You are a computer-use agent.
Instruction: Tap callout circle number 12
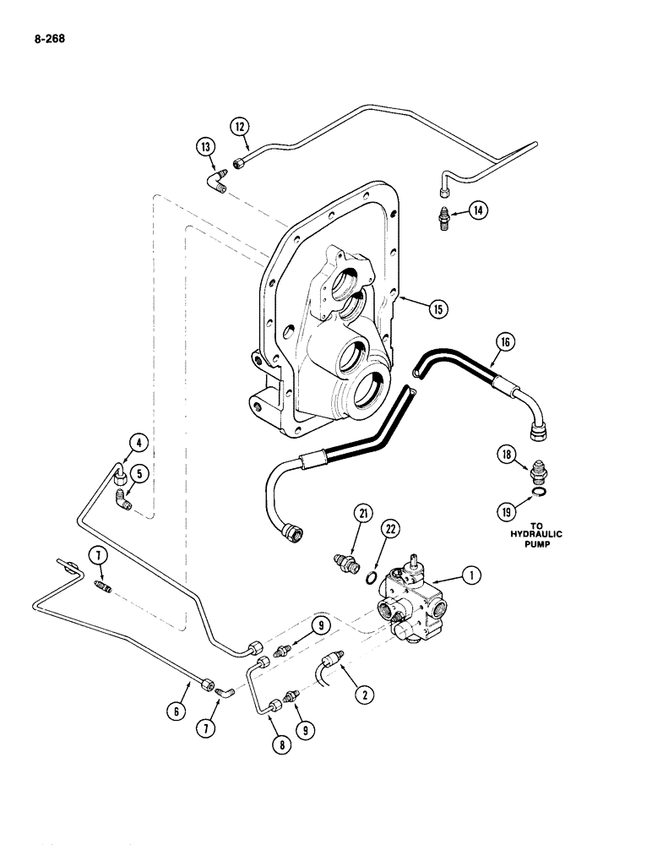(240, 126)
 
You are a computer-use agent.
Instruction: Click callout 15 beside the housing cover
(436, 308)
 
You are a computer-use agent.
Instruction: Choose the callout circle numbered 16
(505, 342)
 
